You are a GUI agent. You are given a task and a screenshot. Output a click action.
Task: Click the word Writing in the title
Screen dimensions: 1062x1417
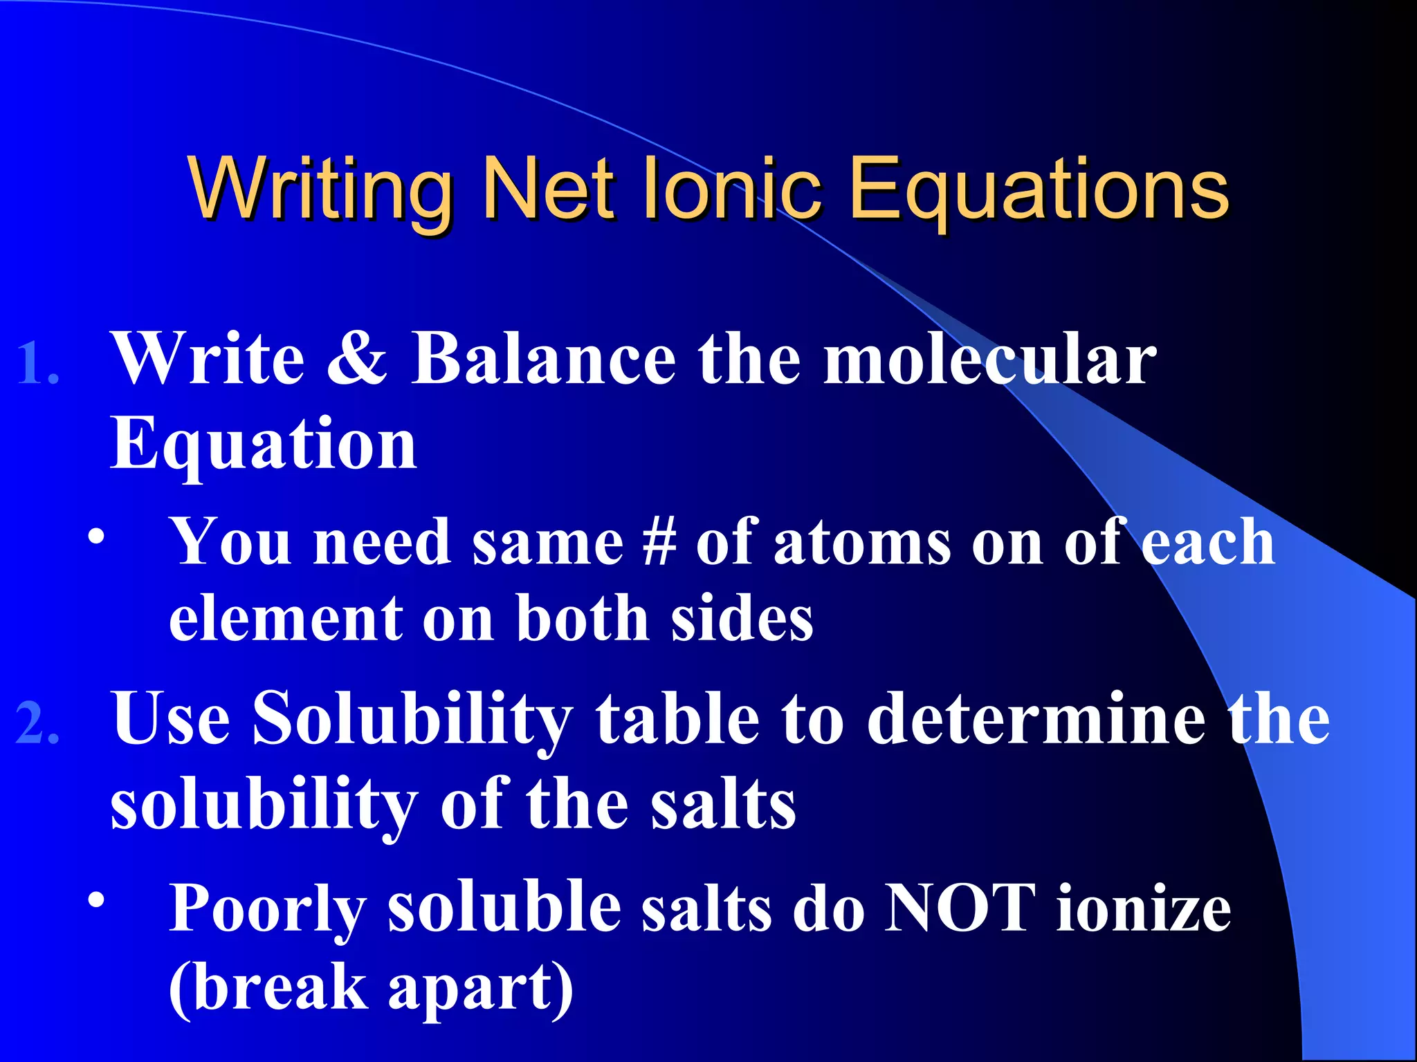319,188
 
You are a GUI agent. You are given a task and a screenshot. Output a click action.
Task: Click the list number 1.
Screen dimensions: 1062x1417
37,364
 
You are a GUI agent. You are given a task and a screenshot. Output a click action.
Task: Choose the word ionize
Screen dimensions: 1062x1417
1144,907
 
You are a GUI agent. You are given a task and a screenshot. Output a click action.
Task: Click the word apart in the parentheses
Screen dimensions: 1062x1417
470,987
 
